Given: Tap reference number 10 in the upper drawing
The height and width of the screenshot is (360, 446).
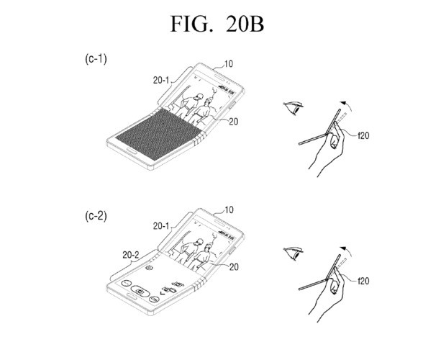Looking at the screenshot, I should pos(229,64).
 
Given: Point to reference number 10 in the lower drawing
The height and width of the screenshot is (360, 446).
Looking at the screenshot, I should pos(229,210).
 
